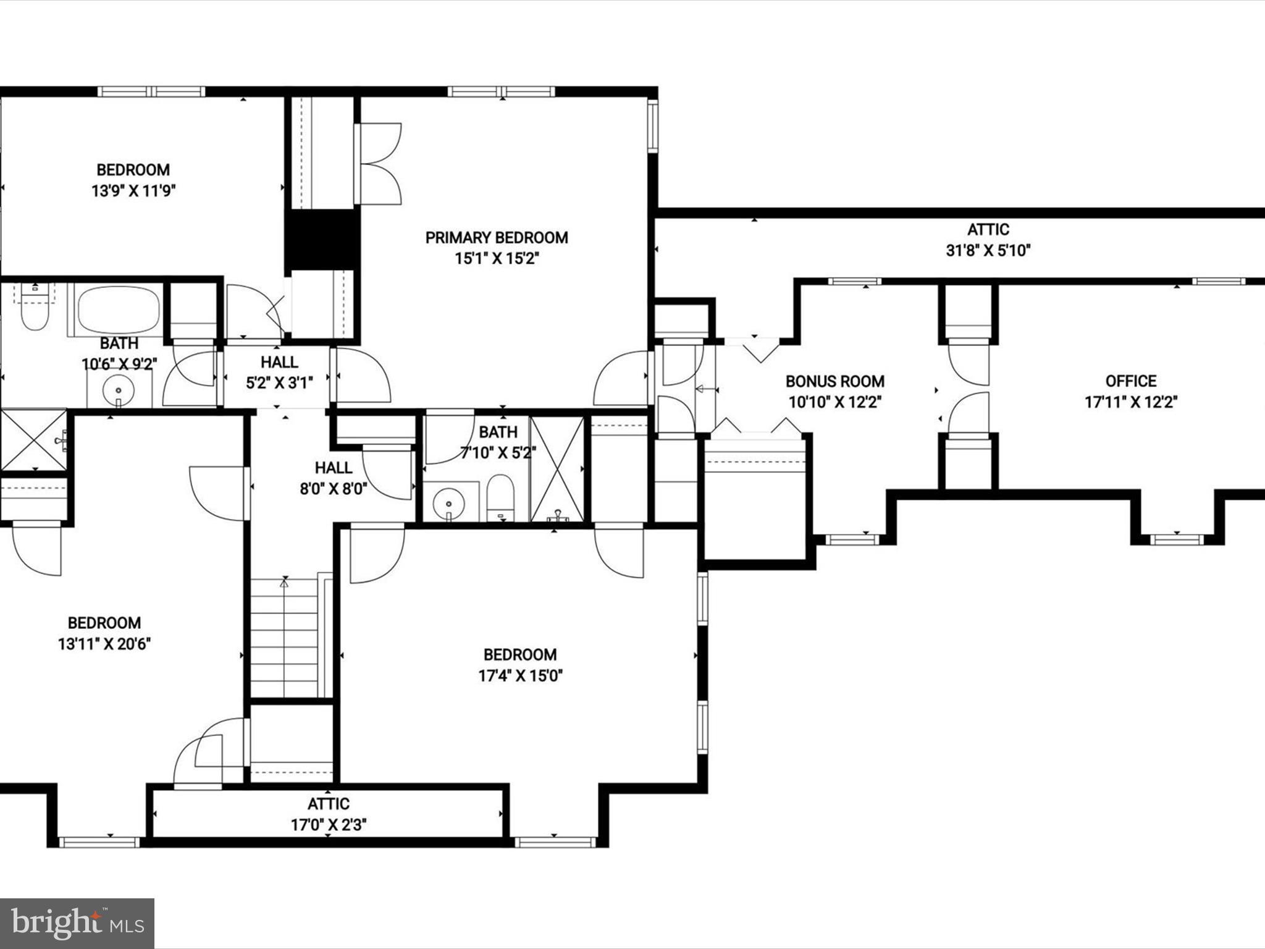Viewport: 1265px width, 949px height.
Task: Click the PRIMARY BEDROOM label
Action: coord(497,238)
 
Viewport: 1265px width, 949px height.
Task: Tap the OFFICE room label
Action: coord(1131,381)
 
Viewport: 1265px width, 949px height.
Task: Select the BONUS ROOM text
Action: coord(834,381)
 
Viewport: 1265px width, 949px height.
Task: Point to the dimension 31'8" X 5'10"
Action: coord(988,251)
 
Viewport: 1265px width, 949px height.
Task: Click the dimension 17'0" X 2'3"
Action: coord(329,825)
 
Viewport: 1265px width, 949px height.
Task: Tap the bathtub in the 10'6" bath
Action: coord(119,310)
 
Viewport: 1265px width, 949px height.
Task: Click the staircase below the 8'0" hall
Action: coord(285,636)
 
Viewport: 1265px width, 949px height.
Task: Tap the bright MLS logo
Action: coord(77,923)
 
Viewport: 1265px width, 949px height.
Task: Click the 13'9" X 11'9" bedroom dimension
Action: coord(133,191)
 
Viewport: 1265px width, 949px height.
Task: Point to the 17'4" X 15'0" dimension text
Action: coord(520,676)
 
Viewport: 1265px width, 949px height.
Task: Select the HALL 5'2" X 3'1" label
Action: coord(279,362)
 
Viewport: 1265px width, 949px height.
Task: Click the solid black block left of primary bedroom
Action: coord(322,239)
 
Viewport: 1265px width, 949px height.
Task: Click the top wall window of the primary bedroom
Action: coord(502,92)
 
